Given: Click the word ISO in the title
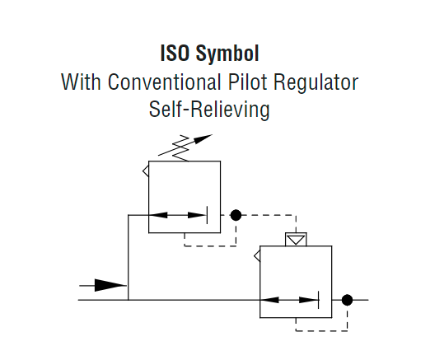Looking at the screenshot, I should pyautogui.click(x=175, y=54).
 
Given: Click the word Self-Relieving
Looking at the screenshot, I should pyautogui.click(x=209, y=110).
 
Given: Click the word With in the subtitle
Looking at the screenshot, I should pyautogui.click(x=78, y=82).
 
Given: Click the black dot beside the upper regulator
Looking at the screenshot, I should pyautogui.click(x=236, y=215).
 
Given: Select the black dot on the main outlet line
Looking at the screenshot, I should pyautogui.click(x=347, y=299).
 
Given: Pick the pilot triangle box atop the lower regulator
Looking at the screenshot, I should pyautogui.click(x=294, y=240).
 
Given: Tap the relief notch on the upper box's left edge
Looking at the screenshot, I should pyautogui.click(x=145, y=172).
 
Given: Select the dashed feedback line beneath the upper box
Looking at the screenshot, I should pyautogui.click(x=209, y=245).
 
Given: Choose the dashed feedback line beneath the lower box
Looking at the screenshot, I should pyautogui.click(x=321, y=329).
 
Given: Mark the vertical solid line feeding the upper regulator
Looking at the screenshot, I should pyautogui.click(x=129, y=255).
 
